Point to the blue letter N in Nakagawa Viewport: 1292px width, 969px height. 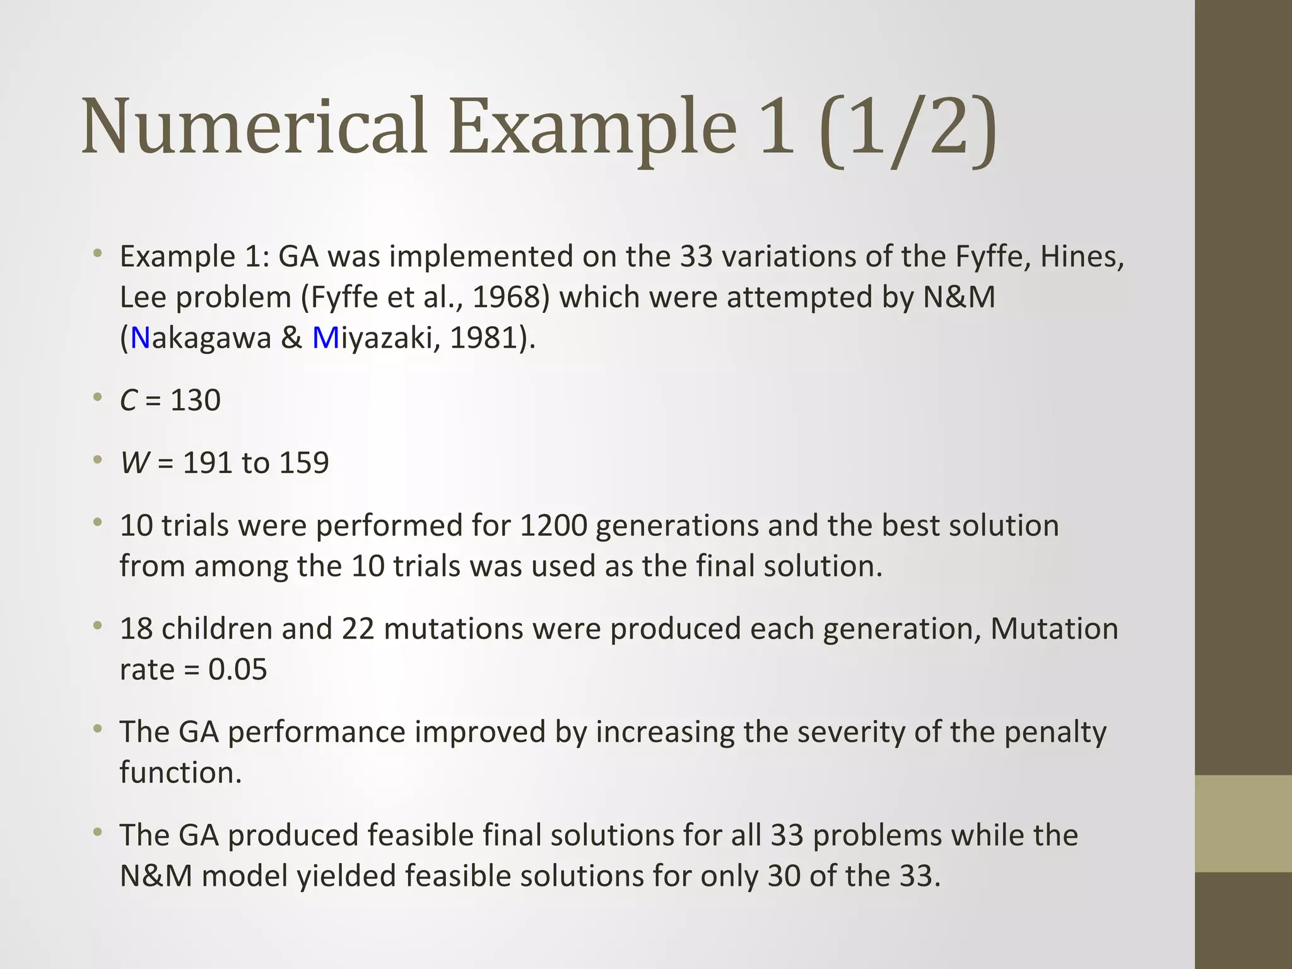coord(140,338)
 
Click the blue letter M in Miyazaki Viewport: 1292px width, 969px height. coord(326,338)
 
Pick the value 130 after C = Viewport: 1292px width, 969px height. coord(196,401)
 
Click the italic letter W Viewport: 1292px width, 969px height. coord(135,463)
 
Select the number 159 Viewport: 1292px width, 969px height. coord(304,463)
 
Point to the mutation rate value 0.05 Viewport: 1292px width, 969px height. coord(238,669)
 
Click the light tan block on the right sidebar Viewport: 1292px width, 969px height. coord(1243,823)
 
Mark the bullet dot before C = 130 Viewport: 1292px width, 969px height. coord(97,398)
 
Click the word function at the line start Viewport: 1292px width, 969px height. coord(180,773)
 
